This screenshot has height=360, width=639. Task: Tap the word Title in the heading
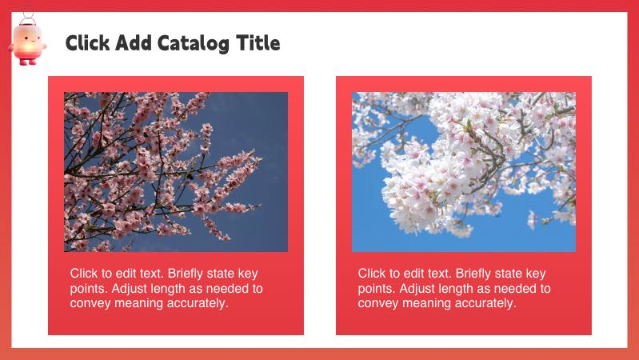(258, 42)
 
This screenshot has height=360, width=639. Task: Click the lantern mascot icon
(28, 42)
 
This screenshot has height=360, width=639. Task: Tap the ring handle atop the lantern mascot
(28, 17)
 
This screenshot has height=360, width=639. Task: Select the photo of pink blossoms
(176, 172)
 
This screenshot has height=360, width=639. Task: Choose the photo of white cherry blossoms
(464, 172)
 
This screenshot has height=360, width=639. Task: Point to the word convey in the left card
(90, 304)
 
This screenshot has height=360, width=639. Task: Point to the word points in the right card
(375, 289)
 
